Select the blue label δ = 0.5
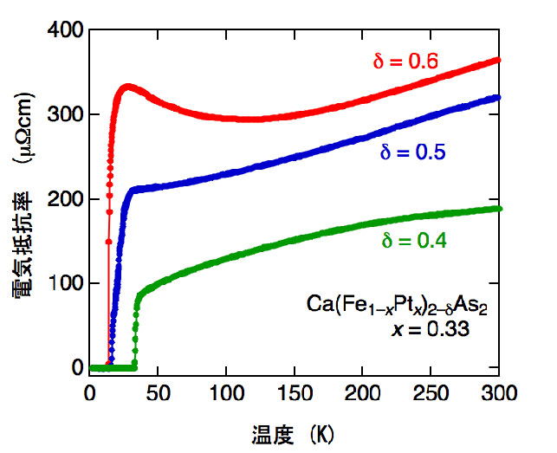pyautogui.click(x=412, y=153)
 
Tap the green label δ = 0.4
pyautogui.click(x=415, y=242)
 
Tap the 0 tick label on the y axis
pyautogui.click(x=77, y=368)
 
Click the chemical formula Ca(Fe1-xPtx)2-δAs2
pyautogui.click(x=398, y=305)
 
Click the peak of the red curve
pyautogui.click(x=127, y=86)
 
